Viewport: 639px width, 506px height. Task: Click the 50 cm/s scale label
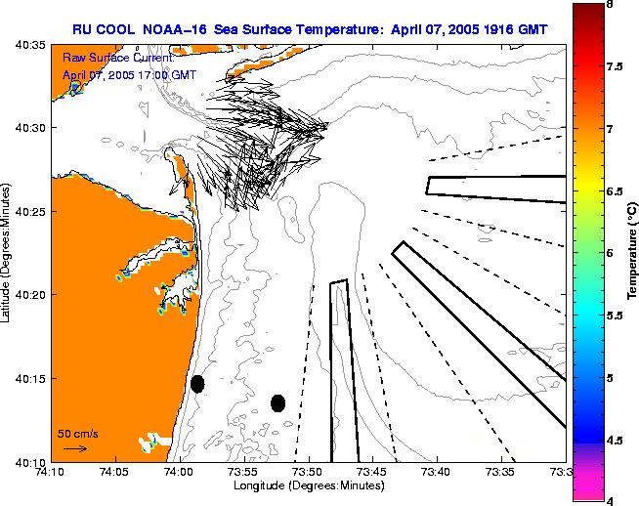(77, 433)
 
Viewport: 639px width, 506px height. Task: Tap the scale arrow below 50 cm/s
(74, 448)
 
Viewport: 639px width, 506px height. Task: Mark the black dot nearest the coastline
(197, 384)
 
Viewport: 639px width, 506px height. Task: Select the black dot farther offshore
(277, 402)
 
